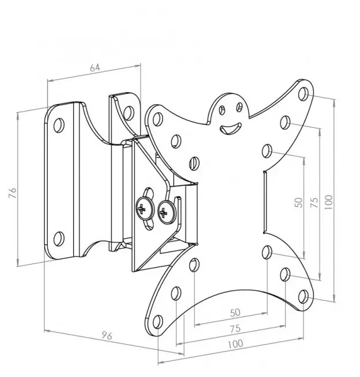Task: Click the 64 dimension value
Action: tap(95, 67)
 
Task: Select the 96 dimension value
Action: tap(106, 336)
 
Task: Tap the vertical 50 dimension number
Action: tap(298, 202)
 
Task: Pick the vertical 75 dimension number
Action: tap(314, 203)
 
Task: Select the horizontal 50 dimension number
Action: tap(234, 313)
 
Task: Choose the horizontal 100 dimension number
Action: tap(234, 344)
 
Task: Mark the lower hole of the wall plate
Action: tap(59, 237)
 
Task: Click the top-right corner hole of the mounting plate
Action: tap(304, 92)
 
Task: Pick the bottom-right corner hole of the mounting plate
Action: tap(303, 296)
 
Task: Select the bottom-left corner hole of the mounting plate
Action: tap(157, 321)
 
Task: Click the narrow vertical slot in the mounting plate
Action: tap(264, 201)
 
